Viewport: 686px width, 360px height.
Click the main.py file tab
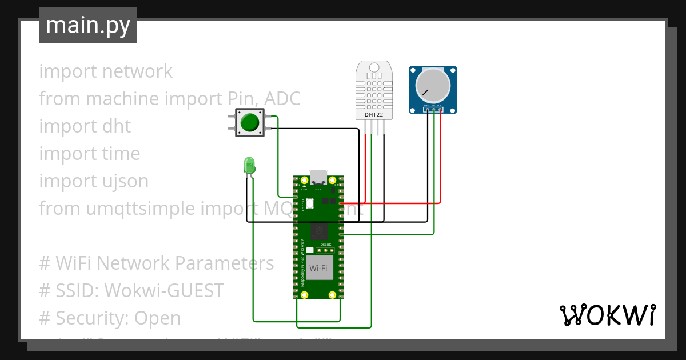(88, 25)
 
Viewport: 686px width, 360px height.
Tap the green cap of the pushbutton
(249, 122)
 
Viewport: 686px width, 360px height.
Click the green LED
(249, 166)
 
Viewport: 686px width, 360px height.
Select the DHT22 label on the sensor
(374, 115)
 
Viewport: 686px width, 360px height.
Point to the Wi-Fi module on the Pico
(318, 267)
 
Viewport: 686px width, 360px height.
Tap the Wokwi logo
(607, 315)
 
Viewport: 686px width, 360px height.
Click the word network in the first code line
(137, 71)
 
